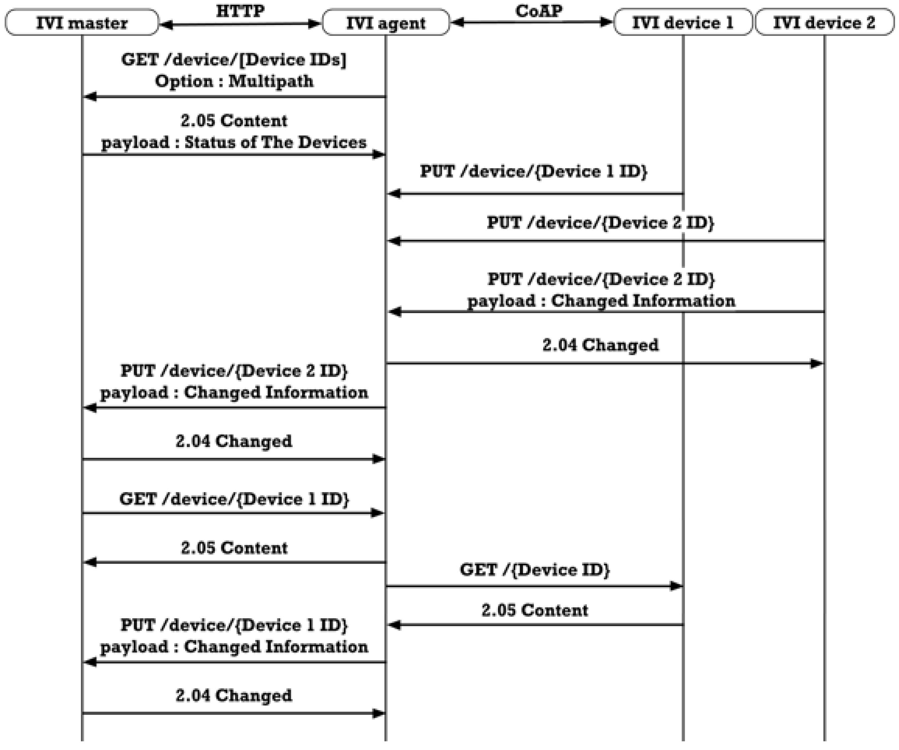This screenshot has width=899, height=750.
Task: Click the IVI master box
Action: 82,22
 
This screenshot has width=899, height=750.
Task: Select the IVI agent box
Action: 386,22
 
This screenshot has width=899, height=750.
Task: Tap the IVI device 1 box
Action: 683,22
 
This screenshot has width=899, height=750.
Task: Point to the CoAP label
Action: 539,11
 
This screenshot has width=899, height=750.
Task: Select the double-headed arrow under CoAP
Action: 532,22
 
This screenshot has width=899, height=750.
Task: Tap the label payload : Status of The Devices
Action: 234,142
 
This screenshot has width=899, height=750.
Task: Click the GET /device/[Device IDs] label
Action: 234,59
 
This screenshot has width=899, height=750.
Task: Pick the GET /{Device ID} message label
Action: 534,570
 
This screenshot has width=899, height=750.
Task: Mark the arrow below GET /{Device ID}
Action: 534,586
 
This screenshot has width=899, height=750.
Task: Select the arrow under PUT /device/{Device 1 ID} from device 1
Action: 535,194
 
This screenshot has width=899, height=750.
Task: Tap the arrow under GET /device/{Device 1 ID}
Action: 234,513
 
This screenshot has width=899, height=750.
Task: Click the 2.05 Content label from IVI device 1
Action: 534,610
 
